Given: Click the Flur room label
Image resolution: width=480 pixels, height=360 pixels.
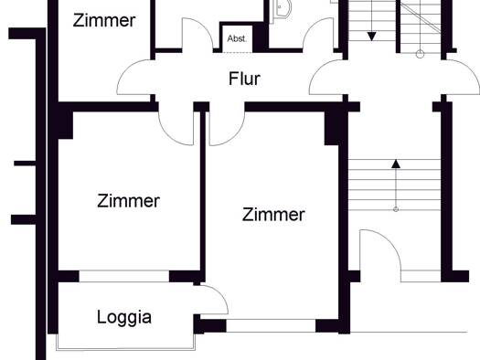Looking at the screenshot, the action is click(x=244, y=79).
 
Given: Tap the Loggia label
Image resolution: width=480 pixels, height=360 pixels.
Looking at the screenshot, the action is click(x=124, y=317).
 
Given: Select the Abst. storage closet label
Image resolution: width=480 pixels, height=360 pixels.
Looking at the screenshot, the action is click(x=237, y=38).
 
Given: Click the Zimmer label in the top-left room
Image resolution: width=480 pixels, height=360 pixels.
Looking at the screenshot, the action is click(x=104, y=20).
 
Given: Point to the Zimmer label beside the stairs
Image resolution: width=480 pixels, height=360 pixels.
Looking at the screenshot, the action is click(x=273, y=215).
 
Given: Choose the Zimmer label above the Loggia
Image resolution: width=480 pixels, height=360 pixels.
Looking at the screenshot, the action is click(x=128, y=201).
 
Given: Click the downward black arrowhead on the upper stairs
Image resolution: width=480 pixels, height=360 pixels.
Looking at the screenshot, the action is click(x=371, y=37).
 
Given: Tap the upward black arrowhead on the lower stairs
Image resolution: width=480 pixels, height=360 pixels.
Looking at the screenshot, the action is click(x=396, y=164).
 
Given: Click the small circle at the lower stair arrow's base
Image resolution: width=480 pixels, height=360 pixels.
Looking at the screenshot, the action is click(x=396, y=209).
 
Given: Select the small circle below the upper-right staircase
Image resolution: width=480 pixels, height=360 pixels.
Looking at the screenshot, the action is click(x=421, y=55).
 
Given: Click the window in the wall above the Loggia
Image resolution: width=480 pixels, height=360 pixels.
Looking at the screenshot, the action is click(x=124, y=276).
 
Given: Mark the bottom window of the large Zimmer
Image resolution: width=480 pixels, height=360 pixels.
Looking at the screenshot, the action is click(x=271, y=326).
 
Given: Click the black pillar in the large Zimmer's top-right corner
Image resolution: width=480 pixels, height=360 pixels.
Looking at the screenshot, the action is click(x=332, y=128).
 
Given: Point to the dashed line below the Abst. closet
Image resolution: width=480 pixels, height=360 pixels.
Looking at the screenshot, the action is click(x=236, y=53).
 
